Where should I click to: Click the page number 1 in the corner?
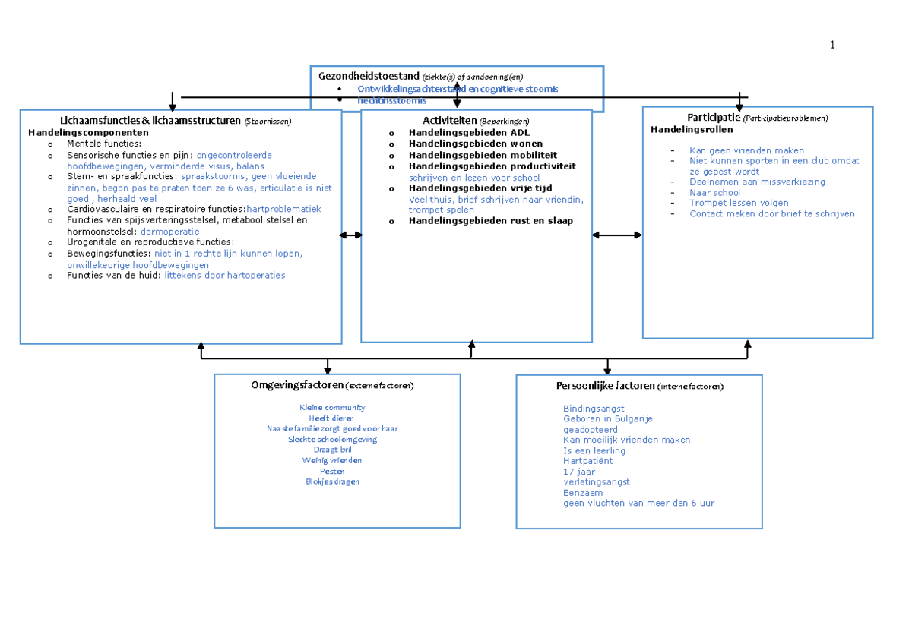(832, 46)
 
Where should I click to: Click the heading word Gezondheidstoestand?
(369, 76)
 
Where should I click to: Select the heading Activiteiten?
(450, 121)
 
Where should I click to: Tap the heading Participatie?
(714, 117)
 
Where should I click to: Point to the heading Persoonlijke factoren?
(605, 386)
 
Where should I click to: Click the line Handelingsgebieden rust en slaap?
(490, 221)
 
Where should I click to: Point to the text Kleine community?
(332, 408)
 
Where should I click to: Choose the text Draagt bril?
(332, 450)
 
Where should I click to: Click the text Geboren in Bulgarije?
(607, 418)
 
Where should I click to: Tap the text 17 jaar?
(579, 472)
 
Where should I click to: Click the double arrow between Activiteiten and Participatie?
(617, 235)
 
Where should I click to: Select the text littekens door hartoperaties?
(225, 275)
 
